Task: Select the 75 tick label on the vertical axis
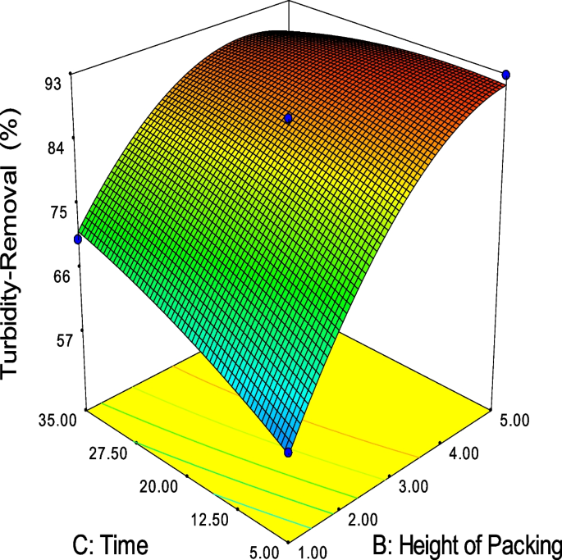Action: tap(54, 212)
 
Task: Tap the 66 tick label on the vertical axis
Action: tap(54, 276)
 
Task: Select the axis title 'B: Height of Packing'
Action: tap(465, 544)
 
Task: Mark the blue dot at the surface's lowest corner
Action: tap(289, 452)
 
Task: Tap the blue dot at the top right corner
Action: tap(506, 75)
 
